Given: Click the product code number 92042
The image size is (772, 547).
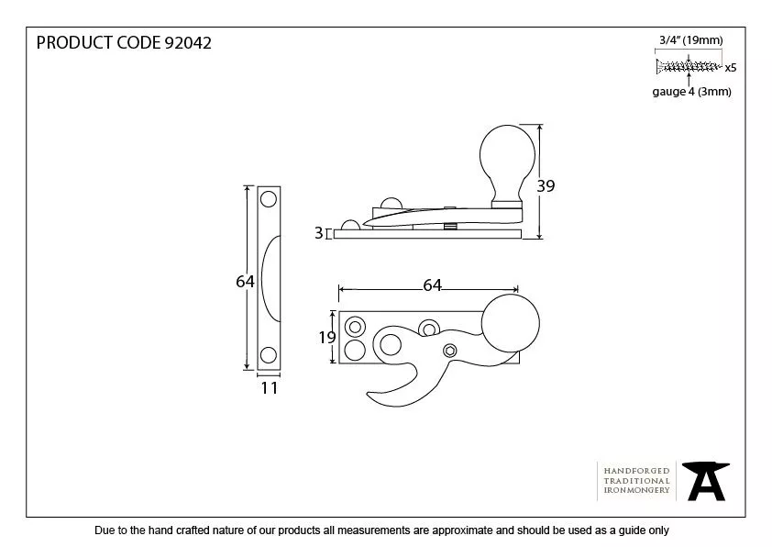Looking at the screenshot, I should [187, 43].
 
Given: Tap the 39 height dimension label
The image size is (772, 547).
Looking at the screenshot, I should [546, 185].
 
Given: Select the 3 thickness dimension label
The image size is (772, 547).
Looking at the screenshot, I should [318, 233].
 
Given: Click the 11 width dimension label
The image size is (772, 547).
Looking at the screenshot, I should [269, 388].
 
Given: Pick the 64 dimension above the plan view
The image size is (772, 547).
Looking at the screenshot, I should [432, 285].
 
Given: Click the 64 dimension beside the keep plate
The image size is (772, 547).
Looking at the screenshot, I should [245, 282].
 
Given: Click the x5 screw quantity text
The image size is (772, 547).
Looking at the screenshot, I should [731, 67].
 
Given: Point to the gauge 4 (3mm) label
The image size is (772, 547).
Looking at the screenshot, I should [691, 92].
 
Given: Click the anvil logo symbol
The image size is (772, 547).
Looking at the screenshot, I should [705, 480].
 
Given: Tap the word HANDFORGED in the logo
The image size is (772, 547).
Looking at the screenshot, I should [636, 471].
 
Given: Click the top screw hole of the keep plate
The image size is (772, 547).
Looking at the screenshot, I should [269, 199].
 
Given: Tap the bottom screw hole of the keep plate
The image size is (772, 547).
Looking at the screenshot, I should [269, 355].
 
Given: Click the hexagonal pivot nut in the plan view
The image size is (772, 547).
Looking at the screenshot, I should [449, 350].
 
